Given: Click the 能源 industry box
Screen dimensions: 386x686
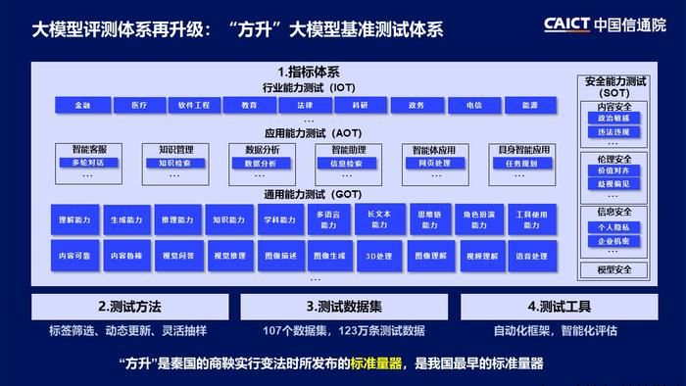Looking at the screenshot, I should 530,104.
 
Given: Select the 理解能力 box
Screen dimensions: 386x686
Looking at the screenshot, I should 74,221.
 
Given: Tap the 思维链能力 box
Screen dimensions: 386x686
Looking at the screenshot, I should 428,221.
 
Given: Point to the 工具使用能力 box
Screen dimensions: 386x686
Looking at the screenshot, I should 531,221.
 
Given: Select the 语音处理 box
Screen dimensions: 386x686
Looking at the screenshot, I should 531,257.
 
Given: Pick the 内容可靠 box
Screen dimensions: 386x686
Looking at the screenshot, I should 74,257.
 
